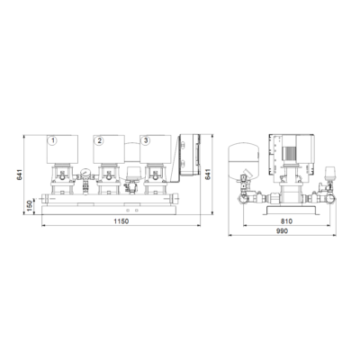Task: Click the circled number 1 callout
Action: [53, 140]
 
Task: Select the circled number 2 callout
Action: [99, 140]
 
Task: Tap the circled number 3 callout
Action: [146, 140]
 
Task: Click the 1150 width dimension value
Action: [121, 221]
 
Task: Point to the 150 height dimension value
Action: [30, 206]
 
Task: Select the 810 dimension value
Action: [286, 221]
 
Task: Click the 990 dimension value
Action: [283, 231]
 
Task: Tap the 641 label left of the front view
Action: [20, 175]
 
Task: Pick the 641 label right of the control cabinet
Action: [208, 175]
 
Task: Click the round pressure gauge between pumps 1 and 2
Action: [85, 173]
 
